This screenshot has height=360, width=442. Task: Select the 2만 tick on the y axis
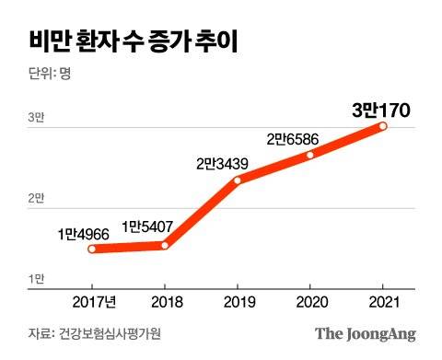[x=36, y=198]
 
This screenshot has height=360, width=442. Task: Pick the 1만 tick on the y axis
[x=36, y=278]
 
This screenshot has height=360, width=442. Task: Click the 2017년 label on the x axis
[x=93, y=302]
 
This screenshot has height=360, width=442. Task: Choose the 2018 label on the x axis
[x=166, y=302]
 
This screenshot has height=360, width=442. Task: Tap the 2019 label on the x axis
[x=238, y=302]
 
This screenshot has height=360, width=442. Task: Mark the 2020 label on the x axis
[x=311, y=302]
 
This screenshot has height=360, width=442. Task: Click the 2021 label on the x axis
[x=383, y=302]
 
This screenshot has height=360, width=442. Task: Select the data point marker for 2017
[x=93, y=249]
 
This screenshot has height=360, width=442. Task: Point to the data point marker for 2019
[x=238, y=180]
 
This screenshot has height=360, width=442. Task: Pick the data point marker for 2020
[x=311, y=155]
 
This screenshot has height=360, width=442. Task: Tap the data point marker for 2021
[x=383, y=126]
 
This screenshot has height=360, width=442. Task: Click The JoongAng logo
[x=366, y=333]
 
